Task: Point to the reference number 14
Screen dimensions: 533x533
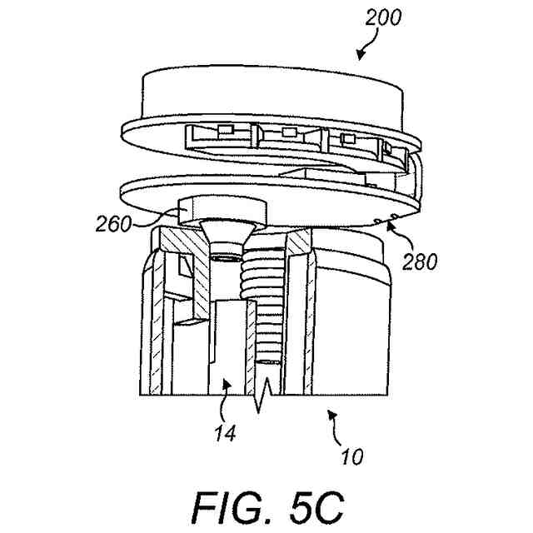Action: point(225,432)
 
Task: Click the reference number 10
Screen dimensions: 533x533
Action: point(351,457)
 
